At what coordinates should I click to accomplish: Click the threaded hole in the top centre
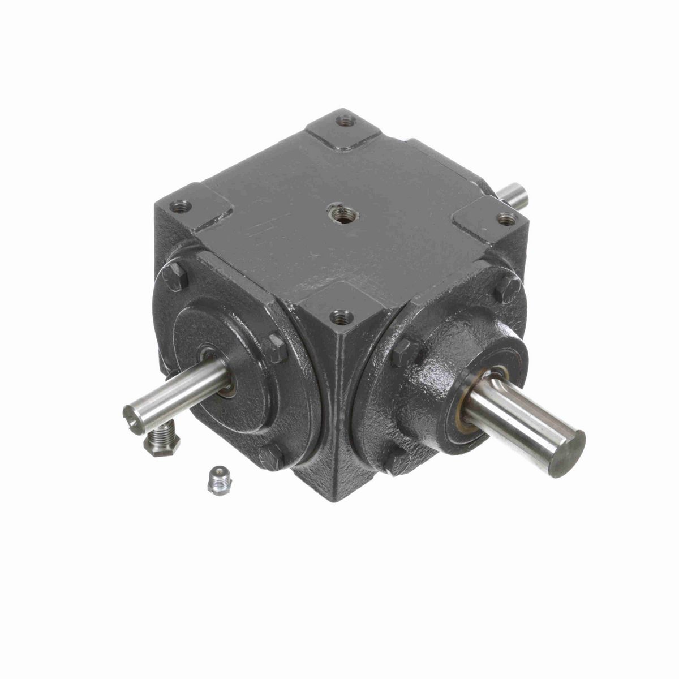point(341,213)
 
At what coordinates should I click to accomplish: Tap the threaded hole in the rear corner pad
point(345,121)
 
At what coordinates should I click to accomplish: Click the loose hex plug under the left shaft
point(162,442)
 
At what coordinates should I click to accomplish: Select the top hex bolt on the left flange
point(175,277)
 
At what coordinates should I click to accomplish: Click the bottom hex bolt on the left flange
point(272,456)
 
